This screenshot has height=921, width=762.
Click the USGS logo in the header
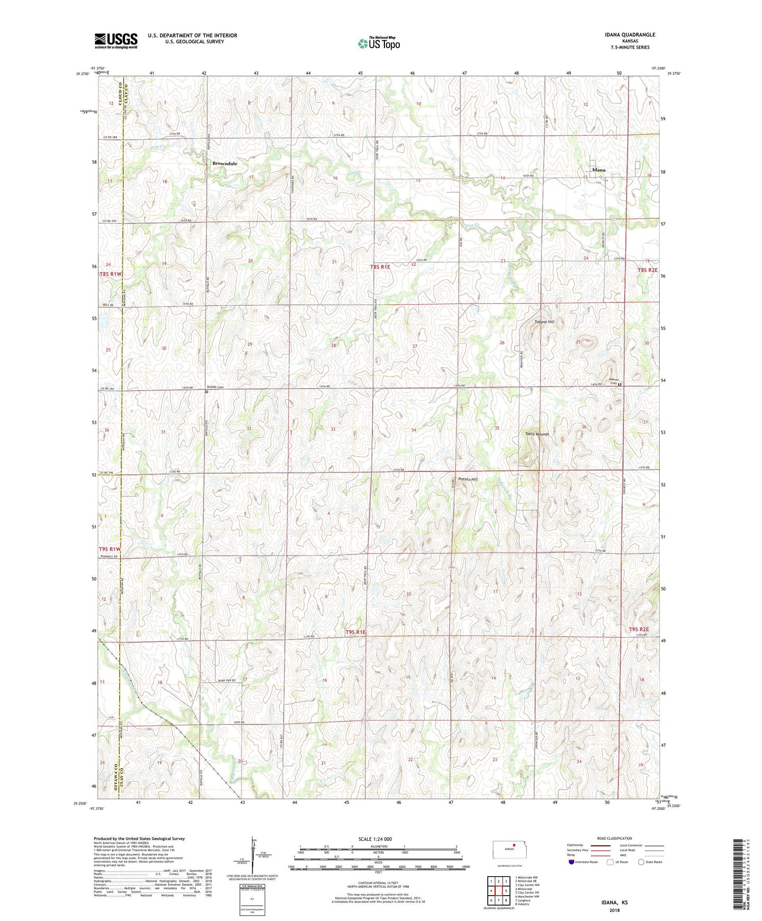(115, 41)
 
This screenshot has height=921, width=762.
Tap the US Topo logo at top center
(379, 43)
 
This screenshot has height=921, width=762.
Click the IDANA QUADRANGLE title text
(630, 35)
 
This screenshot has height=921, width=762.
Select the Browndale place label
(225, 164)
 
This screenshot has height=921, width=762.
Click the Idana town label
(599, 170)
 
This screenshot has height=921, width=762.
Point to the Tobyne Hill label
(544, 322)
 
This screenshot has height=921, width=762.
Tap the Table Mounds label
(537, 434)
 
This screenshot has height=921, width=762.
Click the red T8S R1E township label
(380, 267)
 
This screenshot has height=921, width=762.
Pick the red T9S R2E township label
(638, 629)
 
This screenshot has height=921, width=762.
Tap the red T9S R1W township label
(110, 549)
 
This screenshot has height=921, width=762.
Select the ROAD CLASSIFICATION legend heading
(614, 838)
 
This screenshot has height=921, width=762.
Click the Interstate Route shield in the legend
(572, 862)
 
